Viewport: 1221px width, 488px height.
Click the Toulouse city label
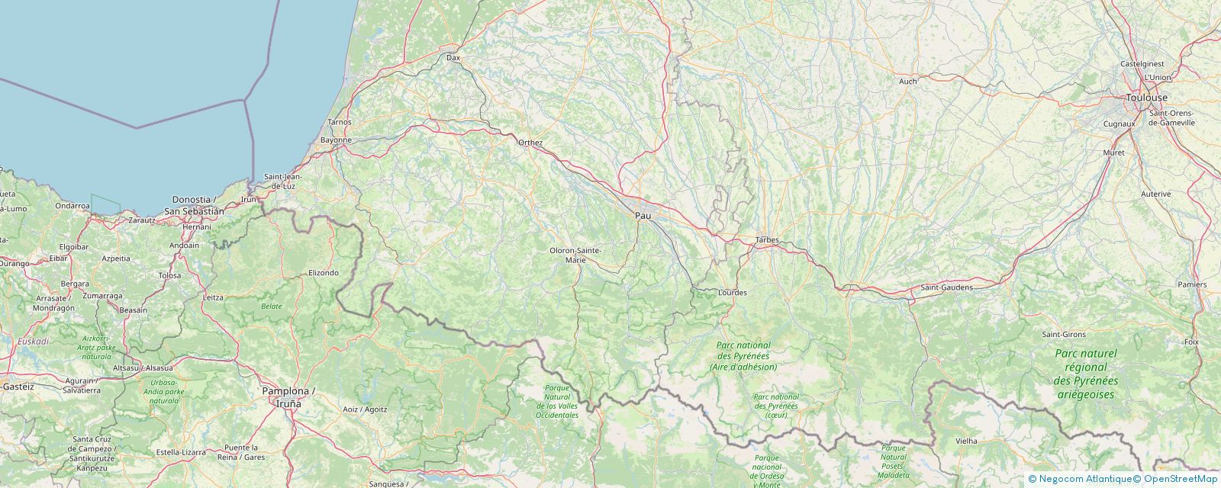1147,98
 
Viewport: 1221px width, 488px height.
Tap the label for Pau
643,217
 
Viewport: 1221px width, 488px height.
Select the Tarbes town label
766,240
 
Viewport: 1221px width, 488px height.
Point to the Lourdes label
733,293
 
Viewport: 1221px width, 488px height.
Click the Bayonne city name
336,140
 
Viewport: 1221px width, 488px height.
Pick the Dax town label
453,57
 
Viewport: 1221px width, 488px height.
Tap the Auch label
907,81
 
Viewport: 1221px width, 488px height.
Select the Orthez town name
530,143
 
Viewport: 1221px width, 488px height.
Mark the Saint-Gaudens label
946,287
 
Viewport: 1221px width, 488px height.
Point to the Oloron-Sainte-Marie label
575,255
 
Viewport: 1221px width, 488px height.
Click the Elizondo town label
324,272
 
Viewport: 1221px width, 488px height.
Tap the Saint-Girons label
1063,335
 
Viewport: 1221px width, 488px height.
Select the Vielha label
966,441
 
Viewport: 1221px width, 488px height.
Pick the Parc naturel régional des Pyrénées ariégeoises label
1085,374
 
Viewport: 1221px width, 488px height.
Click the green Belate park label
272,306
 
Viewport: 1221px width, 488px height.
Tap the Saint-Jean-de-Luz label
283,181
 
